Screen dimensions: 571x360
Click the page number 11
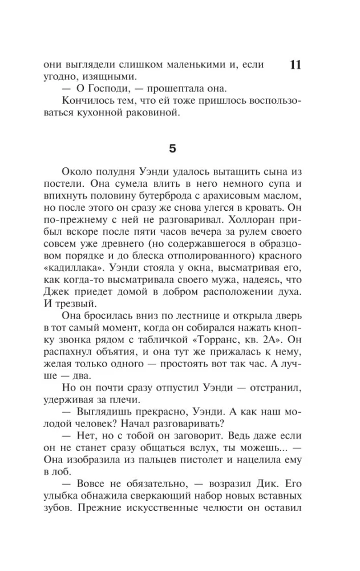(x=296, y=65)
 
